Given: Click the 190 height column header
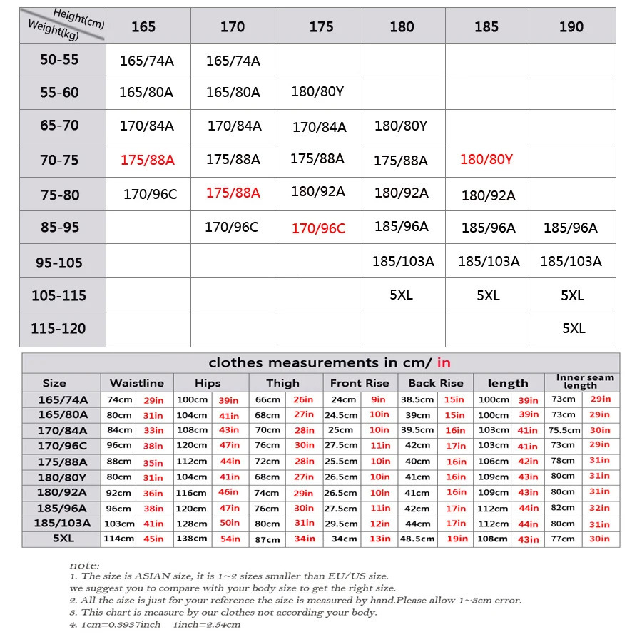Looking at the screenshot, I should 571,27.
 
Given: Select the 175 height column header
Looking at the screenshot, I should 321,27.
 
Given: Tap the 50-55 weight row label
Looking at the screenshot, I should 59,60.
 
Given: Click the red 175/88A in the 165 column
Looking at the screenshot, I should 147,160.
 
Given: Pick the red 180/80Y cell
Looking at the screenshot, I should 486,159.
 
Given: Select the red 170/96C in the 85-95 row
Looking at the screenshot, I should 318,228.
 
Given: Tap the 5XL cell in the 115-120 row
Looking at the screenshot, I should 573,329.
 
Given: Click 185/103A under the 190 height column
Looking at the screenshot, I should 571,261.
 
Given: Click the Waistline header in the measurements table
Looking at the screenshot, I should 136,383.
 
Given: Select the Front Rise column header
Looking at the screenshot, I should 360,383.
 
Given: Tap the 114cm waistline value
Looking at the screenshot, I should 119,539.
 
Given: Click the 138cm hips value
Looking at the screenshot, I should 193,539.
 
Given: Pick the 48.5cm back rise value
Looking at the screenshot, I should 417,539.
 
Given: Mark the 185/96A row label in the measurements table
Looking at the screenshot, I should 63,508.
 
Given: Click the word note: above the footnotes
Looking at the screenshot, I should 84,565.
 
